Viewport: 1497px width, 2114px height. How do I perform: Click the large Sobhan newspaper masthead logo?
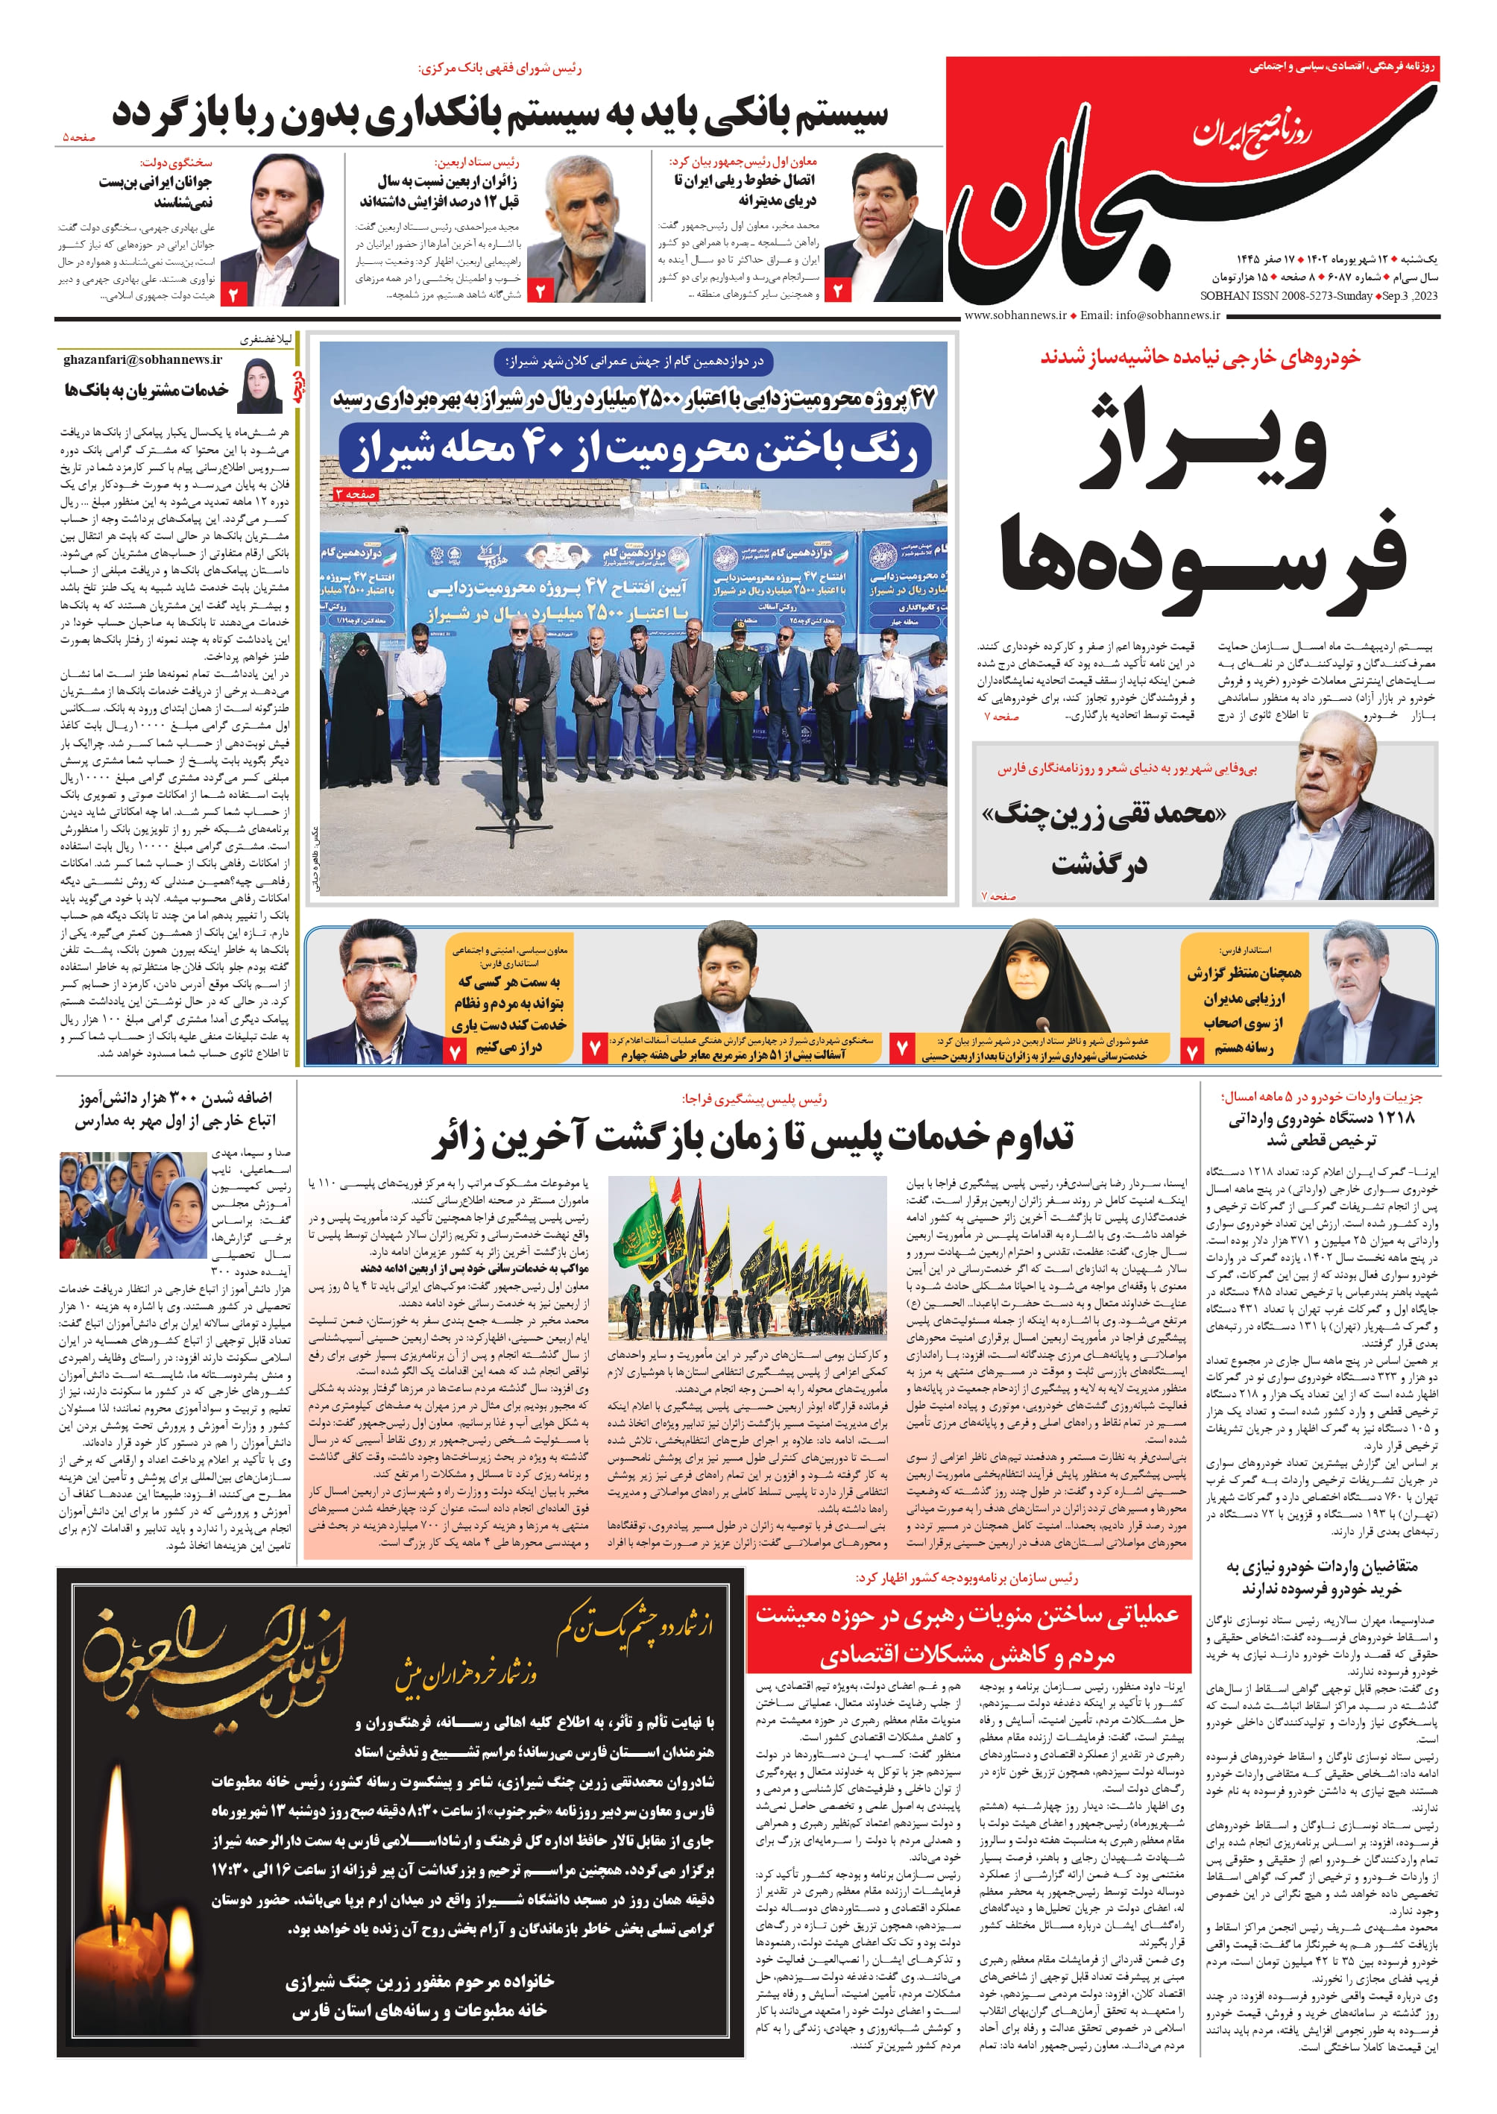(x=1189, y=184)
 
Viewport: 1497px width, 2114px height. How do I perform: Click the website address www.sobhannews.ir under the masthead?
(x=1014, y=315)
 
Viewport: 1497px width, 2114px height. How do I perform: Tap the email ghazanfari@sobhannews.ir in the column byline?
(x=143, y=359)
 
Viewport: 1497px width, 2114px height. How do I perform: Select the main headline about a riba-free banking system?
(x=499, y=114)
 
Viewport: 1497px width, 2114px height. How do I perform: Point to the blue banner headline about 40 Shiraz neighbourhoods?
(x=635, y=450)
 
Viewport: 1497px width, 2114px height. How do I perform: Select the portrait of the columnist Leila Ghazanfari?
(x=260, y=386)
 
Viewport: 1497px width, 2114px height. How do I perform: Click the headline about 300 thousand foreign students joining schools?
(x=175, y=1109)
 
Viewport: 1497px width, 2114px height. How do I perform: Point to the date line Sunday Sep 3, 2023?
(x=1318, y=296)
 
